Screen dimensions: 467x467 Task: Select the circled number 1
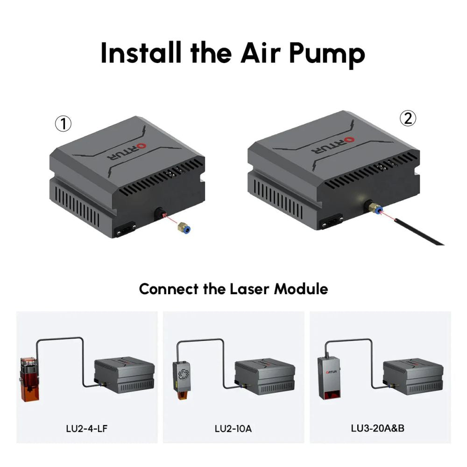(x=63, y=124)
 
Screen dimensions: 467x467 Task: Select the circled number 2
(x=408, y=119)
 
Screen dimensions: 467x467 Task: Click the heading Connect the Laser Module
(x=233, y=289)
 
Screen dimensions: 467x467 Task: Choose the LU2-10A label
(x=233, y=428)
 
